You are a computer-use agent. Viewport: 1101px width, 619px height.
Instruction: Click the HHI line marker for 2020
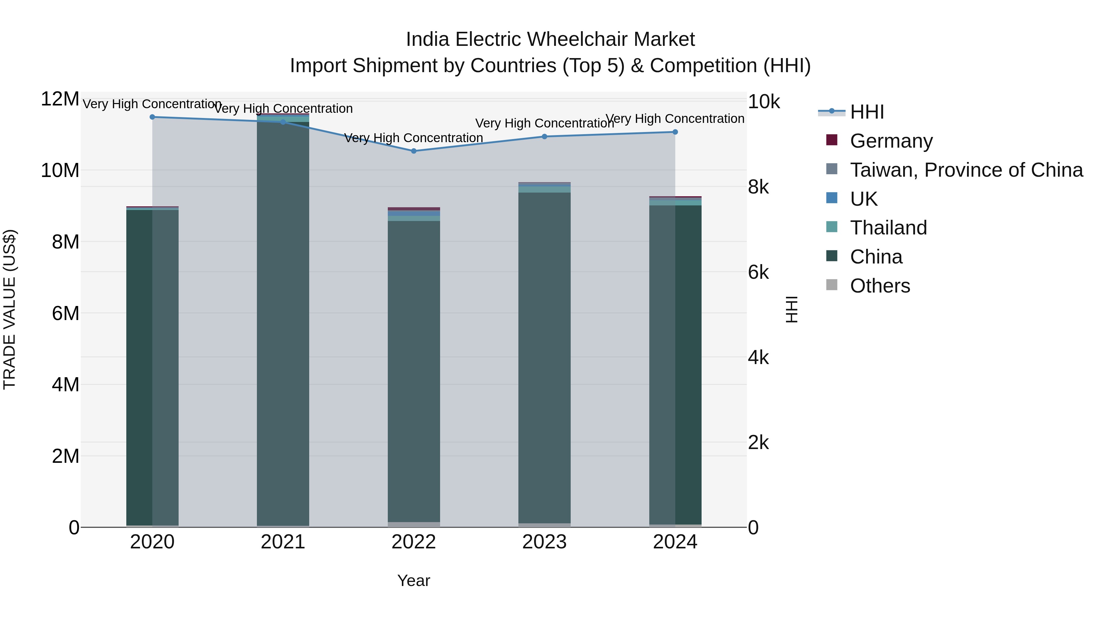point(152,117)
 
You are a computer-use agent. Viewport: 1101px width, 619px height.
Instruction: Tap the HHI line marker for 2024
point(675,132)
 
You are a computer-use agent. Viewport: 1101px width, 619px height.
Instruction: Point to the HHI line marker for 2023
point(544,137)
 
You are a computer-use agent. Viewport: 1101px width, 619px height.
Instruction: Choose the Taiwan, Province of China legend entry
point(966,170)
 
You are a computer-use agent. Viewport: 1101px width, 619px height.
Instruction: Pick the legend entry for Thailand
point(888,228)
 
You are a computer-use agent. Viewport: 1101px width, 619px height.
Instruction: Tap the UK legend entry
point(863,199)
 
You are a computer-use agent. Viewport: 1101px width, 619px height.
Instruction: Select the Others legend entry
point(880,286)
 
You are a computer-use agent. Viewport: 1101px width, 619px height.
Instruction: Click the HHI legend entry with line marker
point(867,112)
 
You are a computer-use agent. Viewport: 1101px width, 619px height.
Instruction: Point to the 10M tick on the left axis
point(60,171)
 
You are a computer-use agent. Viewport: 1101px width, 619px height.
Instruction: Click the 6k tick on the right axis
point(758,272)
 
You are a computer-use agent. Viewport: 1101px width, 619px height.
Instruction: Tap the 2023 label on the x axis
point(544,542)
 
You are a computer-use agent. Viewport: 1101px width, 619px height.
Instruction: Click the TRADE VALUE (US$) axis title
point(9,309)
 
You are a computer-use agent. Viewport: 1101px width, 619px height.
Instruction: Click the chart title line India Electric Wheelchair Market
point(550,39)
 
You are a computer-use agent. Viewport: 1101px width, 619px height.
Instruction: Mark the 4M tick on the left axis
point(65,385)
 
